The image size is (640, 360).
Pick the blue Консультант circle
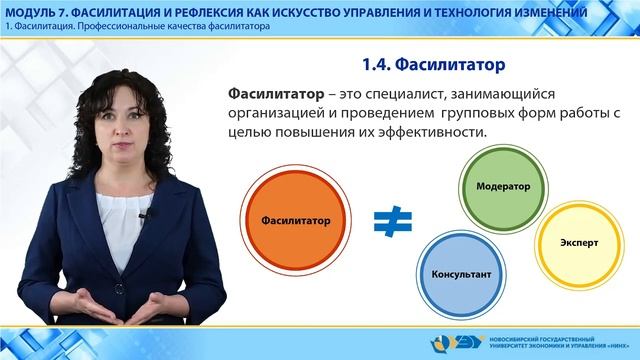(x=460, y=272)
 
